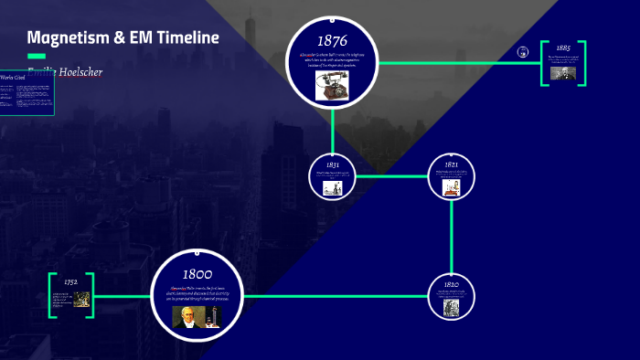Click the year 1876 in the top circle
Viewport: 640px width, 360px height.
(333, 40)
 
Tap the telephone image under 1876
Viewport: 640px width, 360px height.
(329, 84)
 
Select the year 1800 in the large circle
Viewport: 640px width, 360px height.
(197, 274)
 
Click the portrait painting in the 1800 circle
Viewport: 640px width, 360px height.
(189, 316)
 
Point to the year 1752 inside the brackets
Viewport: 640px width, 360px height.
(70, 281)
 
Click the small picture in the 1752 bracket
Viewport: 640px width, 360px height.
(81, 299)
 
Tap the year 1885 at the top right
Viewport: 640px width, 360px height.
(563, 48)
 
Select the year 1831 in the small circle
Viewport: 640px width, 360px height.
(333, 164)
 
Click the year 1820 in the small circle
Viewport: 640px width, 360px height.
(452, 285)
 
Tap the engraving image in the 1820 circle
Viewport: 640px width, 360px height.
(452, 308)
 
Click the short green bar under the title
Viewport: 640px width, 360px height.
(37, 56)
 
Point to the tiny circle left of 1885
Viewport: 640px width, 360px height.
(523, 52)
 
